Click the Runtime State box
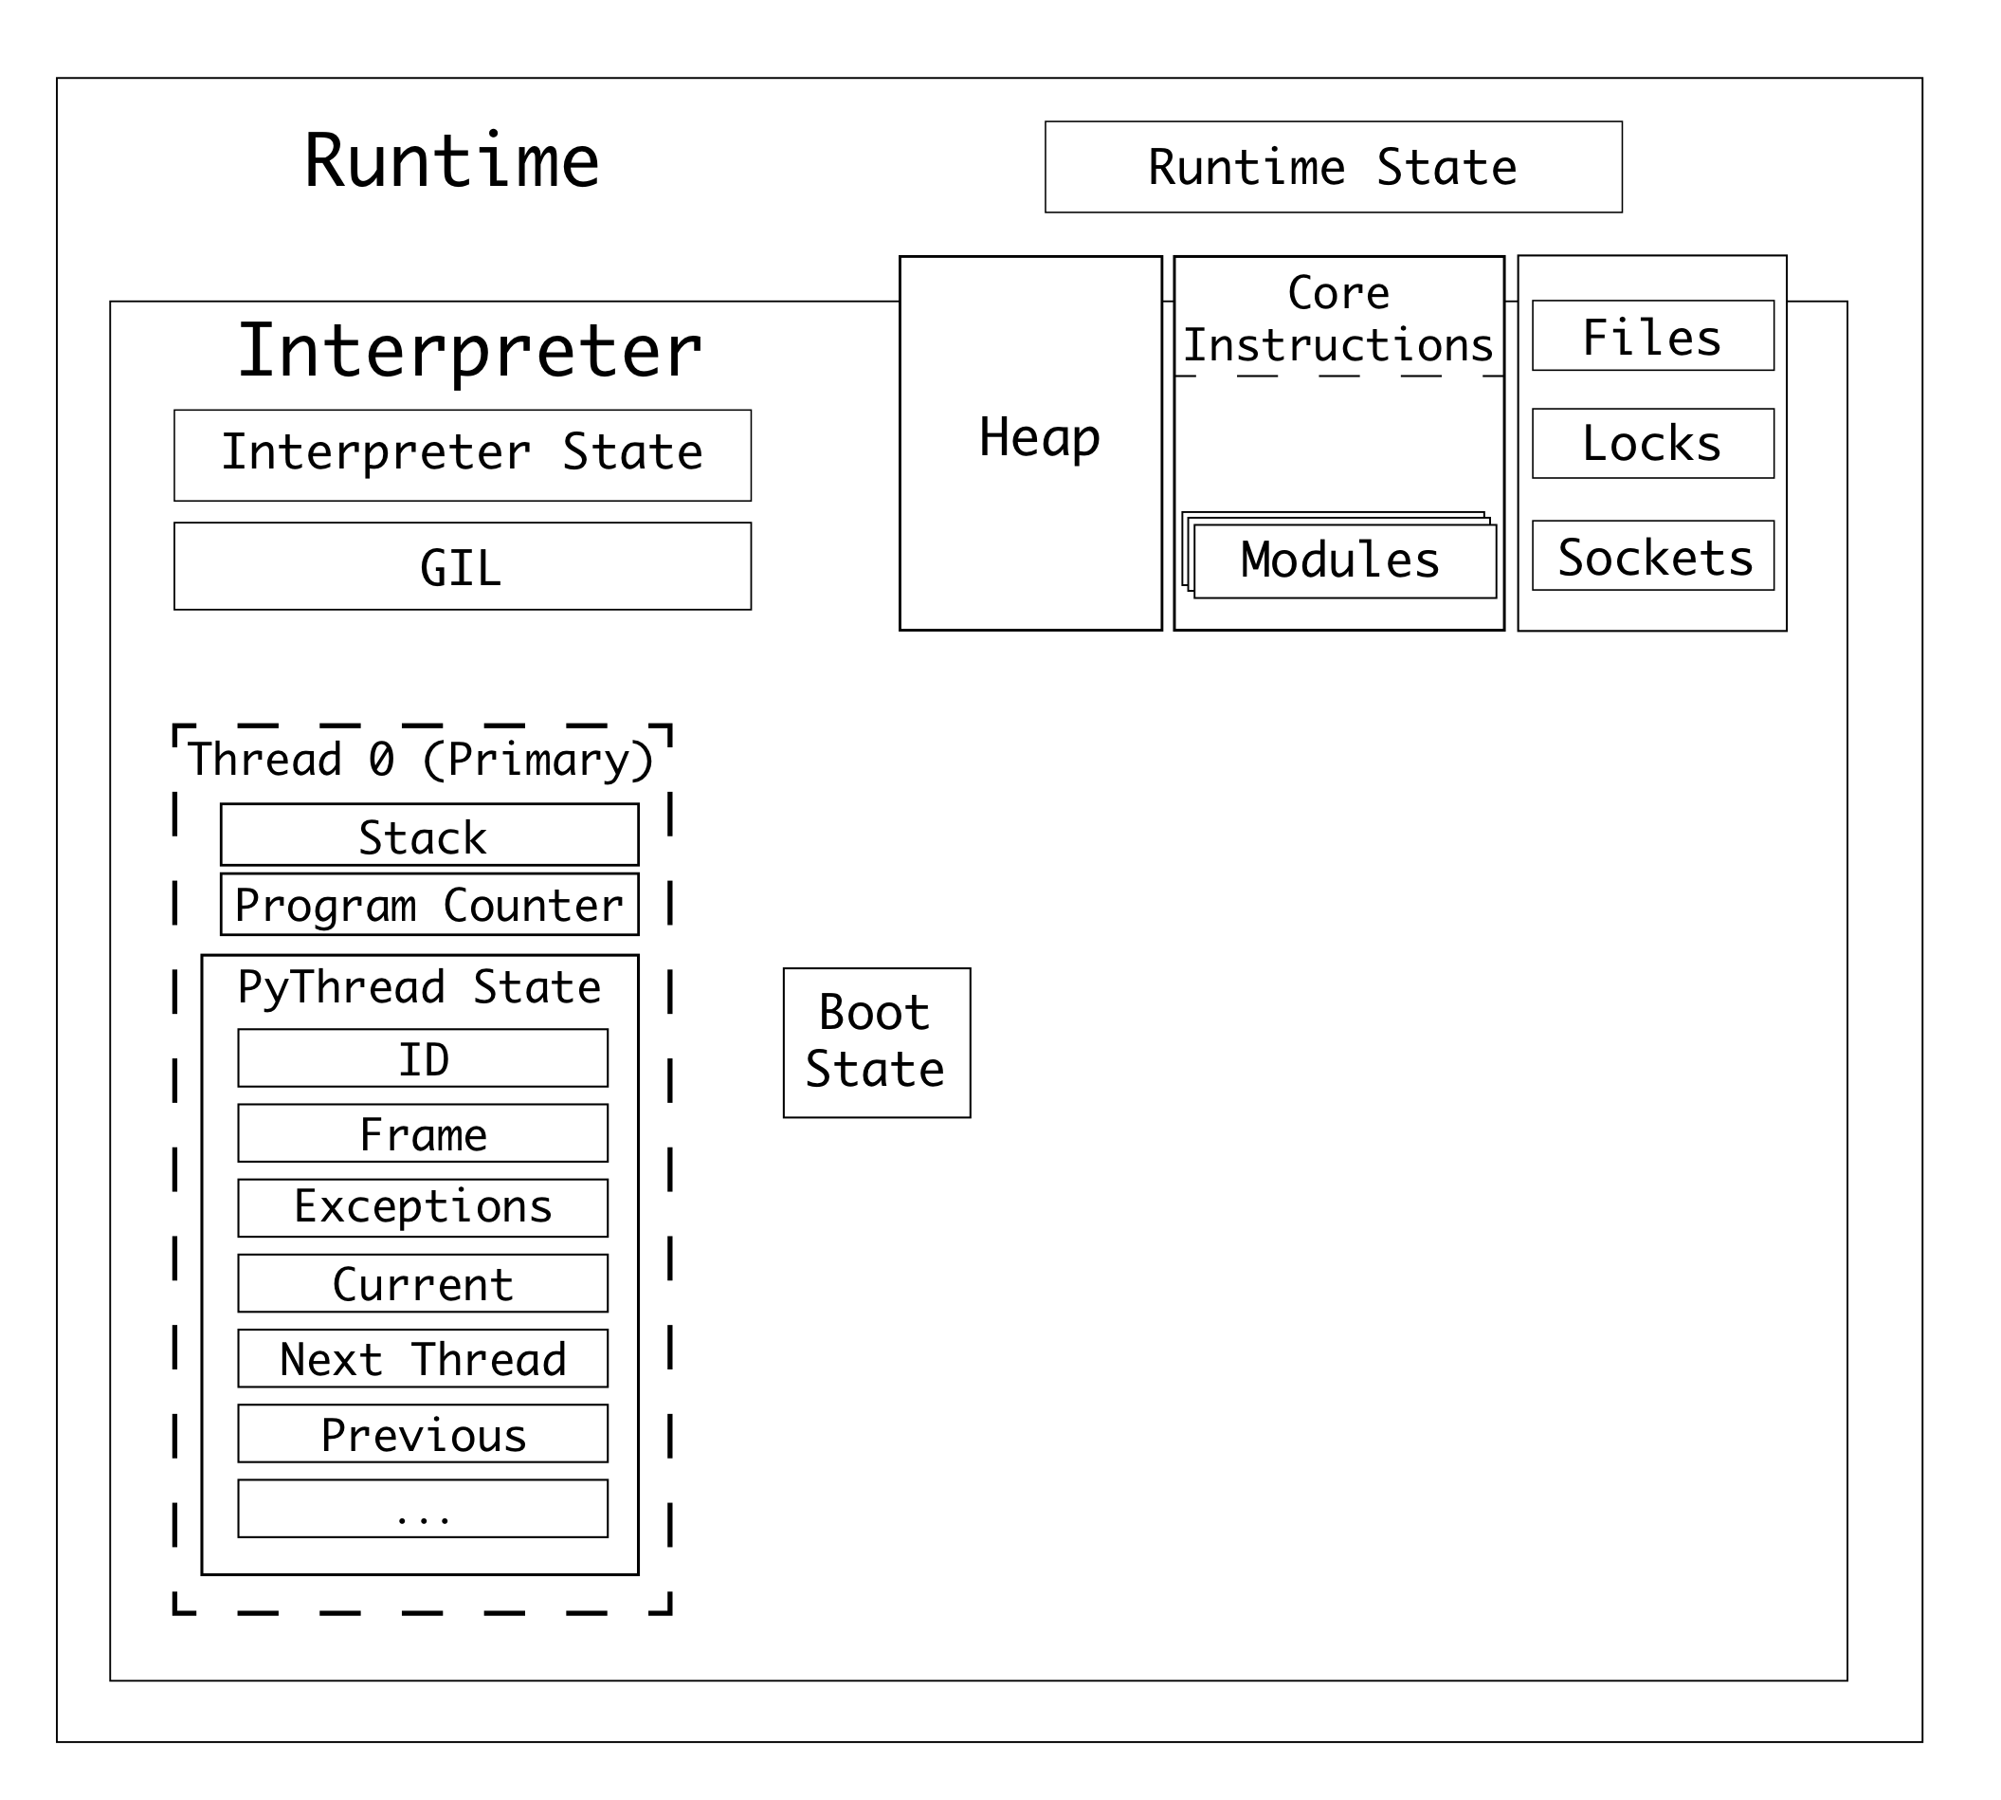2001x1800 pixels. (1333, 166)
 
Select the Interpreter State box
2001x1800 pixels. (462, 454)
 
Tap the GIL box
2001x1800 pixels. (462, 566)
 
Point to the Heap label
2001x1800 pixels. (1039, 437)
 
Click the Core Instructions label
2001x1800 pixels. (1337, 319)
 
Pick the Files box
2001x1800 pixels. (1652, 336)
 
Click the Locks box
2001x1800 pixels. (1652, 443)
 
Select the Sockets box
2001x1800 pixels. (1652, 556)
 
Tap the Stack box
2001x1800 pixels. (428, 835)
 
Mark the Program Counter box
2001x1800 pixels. (428, 904)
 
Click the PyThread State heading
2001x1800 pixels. (419, 987)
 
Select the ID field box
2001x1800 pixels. (422, 1058)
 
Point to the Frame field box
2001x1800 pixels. (422, 1133)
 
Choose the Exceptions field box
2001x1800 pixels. (422, 1207)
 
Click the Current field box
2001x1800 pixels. (422, 1284)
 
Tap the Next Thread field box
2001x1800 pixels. (422, 1359)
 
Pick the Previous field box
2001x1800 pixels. (422, 1434)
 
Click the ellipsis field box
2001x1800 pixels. (422, 1509)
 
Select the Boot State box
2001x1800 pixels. (876, 1042)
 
